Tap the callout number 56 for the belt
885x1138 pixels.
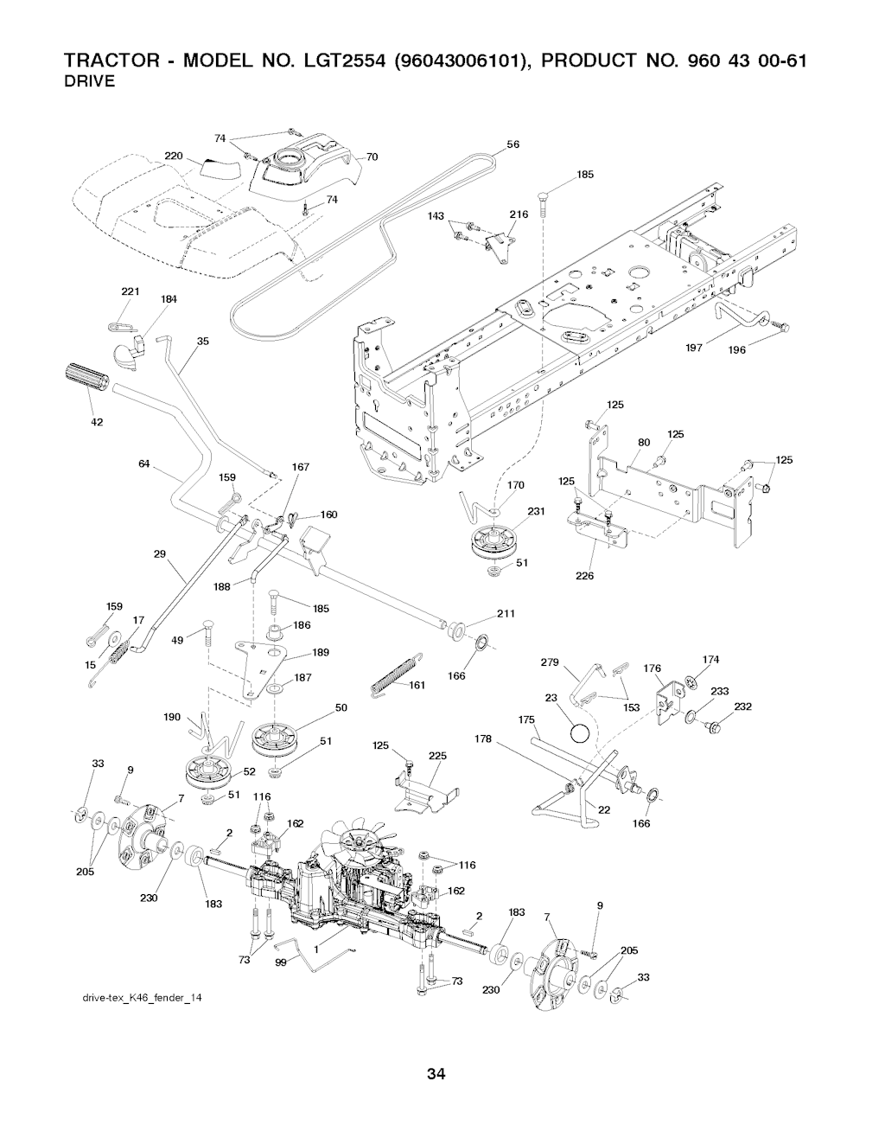click(513, 144)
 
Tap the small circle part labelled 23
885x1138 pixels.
click(581, 733)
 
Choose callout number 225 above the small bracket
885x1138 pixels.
click(437, 756)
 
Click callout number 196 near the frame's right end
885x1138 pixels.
click(737, 350)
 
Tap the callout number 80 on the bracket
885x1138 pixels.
click(643, 443)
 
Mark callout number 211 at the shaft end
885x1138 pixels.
click(506, 614)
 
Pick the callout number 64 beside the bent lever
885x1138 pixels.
click(144, 464)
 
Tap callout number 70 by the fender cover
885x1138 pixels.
click(372, 157)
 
